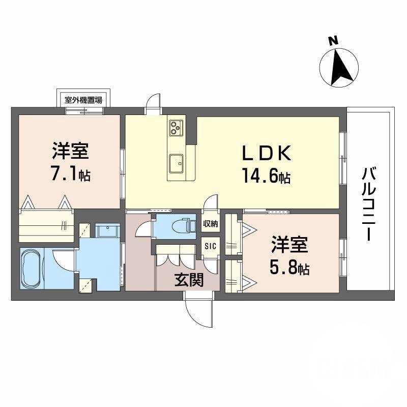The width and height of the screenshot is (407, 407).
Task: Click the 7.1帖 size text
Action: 70,175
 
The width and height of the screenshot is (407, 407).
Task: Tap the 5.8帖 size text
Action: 290,267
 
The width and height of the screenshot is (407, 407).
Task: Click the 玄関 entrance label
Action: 188,280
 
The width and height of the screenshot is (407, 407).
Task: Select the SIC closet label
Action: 210,246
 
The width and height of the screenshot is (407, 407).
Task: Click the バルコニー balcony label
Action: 369,204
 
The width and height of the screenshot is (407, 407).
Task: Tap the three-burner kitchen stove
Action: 176,127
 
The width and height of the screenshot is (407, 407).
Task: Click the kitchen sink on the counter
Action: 177,163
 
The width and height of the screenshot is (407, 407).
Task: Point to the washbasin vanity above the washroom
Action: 106,231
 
